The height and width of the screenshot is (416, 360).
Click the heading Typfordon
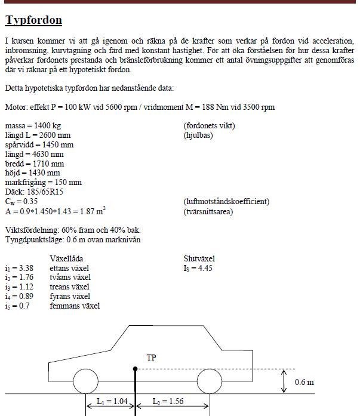[x=33, y=20]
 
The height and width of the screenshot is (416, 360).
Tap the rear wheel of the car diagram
[x=210, y=381]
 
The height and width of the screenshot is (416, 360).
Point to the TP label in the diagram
[x=151, y=358]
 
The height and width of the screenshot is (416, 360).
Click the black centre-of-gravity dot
[x=136, y=369]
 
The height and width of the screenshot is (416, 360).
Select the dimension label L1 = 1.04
[x=111, y=401]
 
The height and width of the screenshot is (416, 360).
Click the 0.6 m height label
[x=304, y=382]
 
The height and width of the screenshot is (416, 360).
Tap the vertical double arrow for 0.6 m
[x=284, y=381]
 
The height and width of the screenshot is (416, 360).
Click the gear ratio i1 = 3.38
[x=19, y=268]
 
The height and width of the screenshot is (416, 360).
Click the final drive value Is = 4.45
[x=198, y=268]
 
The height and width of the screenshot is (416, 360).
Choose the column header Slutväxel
[x=199, y=258]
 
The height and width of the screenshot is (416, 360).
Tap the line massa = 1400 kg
[x=33, y=125]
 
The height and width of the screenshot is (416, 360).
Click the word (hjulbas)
[x=198, y=135]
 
